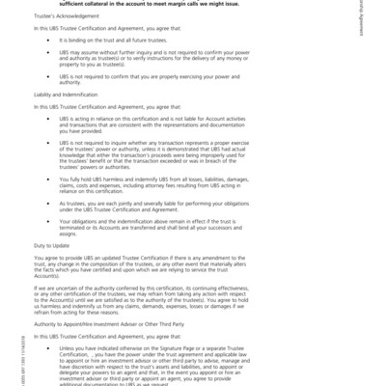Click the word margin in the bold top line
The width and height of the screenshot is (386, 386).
246,4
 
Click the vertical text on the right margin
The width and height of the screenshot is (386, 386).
374,29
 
